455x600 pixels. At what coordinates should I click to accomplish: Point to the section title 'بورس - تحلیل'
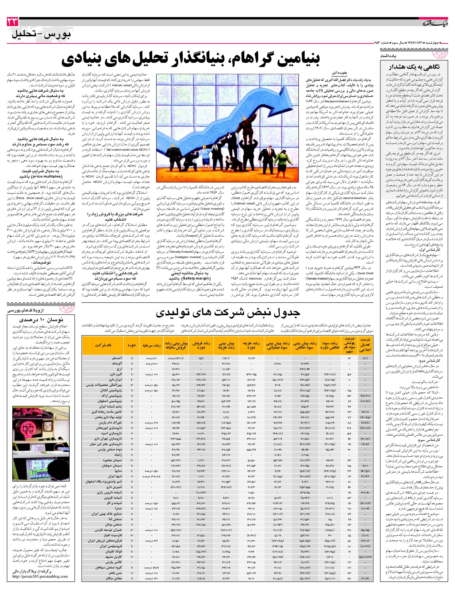point(41,35)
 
